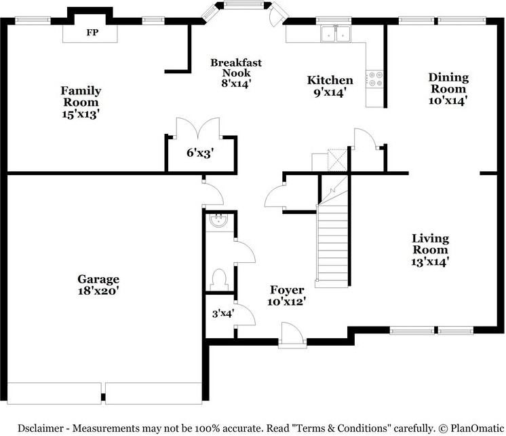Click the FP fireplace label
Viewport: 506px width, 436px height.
(x=92, y=33)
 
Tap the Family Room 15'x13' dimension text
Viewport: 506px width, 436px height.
(x=80, y=114)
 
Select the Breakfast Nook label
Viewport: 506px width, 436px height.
(x=236, y=67)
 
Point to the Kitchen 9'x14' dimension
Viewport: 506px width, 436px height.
(x=330, y=93)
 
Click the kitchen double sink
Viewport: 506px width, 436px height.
(x=336, y=33)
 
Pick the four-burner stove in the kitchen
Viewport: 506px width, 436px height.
(x=374, y=79)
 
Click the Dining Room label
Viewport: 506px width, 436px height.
(x=448, y=83)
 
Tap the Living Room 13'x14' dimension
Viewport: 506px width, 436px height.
(x=430, y=261)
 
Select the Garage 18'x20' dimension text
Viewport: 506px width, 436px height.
(x=98, y=291)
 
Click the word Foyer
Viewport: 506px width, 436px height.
(x=287, y=290)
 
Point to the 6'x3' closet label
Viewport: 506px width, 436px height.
(x=200, y=153)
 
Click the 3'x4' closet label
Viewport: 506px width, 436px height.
(x=223, y=313)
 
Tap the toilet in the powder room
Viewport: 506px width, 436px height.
(x=220, y=280)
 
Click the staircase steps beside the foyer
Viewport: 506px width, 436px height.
(x=333, y=246)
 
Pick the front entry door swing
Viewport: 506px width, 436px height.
(x=292, y=333)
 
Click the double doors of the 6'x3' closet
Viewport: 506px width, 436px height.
(x=198, y=128)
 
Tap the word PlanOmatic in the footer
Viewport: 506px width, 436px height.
(x=477, y=429)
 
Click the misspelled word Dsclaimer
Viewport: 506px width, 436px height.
(x=41, y=429)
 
